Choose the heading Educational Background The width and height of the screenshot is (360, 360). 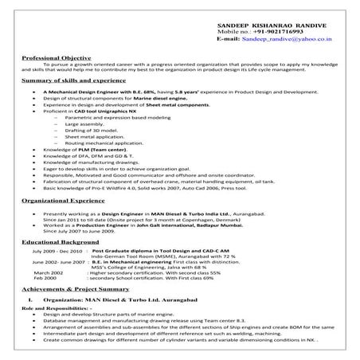[59, 240]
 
